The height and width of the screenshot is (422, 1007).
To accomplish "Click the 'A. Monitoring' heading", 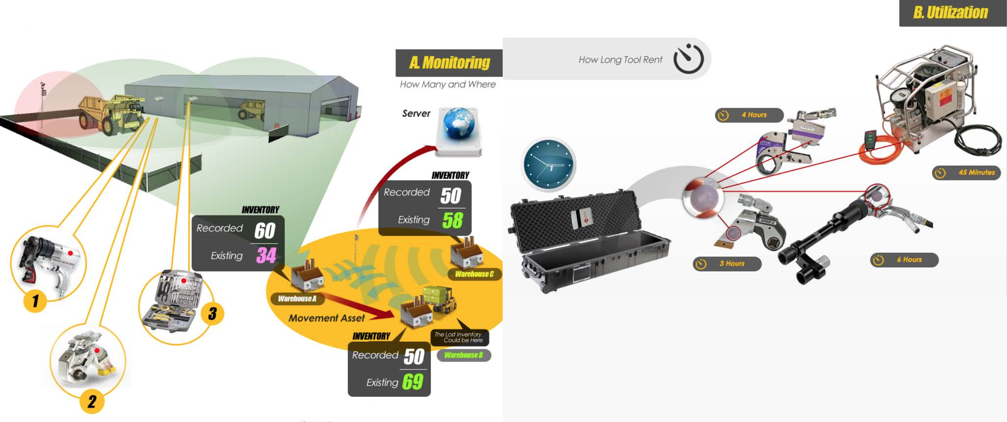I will tap(449, 62).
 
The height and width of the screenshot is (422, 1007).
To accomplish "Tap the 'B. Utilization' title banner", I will tap(950, 13).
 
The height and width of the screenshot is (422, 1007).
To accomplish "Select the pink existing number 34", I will tap(266, 256).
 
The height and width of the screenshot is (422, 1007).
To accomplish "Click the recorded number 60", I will tap(265, 230).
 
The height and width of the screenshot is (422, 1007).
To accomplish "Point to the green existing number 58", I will tap(452, 220).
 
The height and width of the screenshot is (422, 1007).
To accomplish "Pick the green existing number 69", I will tap(412, 382).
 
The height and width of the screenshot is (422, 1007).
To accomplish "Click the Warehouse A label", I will tap(297, 299).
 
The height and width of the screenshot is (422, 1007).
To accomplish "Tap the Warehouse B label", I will tap(463, 355).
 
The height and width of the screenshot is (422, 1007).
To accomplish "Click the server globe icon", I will tap(459, 124).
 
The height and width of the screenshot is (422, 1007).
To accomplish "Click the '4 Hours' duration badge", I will tap(749, 115).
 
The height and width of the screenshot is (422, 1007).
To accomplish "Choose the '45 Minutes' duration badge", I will tap(966, 173).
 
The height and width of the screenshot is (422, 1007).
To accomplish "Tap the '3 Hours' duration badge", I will tap(727, 264).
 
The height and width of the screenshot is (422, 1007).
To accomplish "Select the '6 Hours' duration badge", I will tap(904, 260).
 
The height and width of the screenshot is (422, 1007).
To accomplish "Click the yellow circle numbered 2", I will tap(92, 401).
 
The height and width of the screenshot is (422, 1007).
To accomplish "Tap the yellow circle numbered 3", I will tap(212, 313).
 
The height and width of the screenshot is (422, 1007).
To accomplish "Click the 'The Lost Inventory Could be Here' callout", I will tap(459, 337).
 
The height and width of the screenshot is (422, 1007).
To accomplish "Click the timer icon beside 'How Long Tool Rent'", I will tap(688, 59).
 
